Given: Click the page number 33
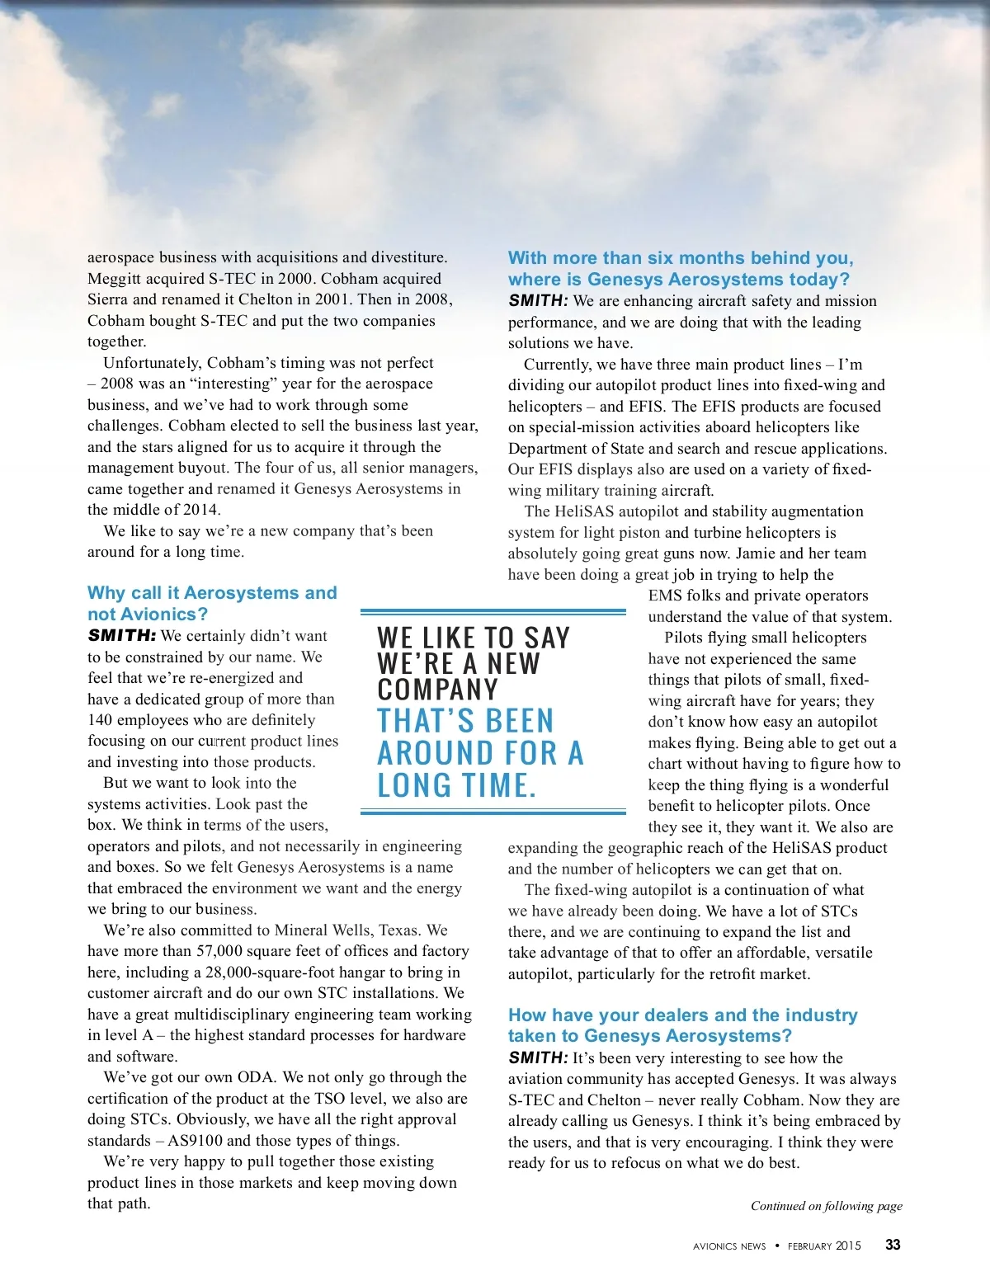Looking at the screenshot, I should pyautogui.click(x=893, y=1245).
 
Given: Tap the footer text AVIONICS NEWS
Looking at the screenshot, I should pyautogui.click(x=729, y=1246).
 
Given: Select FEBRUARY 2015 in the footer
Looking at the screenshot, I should pyautogui.click(x=824, y=1246).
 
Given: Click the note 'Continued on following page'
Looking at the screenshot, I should pyautogui.click(x=826, y=1206).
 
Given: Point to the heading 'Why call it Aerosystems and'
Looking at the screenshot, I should pyautogui.click(x=212, y=593).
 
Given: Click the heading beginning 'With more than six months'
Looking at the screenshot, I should pyautogui.click(x=681, y=258).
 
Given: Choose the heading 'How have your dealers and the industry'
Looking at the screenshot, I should pyautogui.click(x=682, y=1015).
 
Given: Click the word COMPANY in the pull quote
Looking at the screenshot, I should pyautogui.click(x=438, y=690).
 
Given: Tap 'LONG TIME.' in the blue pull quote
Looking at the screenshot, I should pyautogui.click(x=456, y=785).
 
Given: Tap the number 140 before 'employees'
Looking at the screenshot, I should pyautogui.click(x=100, y=720).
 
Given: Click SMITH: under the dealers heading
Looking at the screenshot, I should pyautogui.click(x=538, y=1058).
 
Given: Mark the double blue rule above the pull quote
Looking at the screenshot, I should pyautogui.click(x=493, y=612).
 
